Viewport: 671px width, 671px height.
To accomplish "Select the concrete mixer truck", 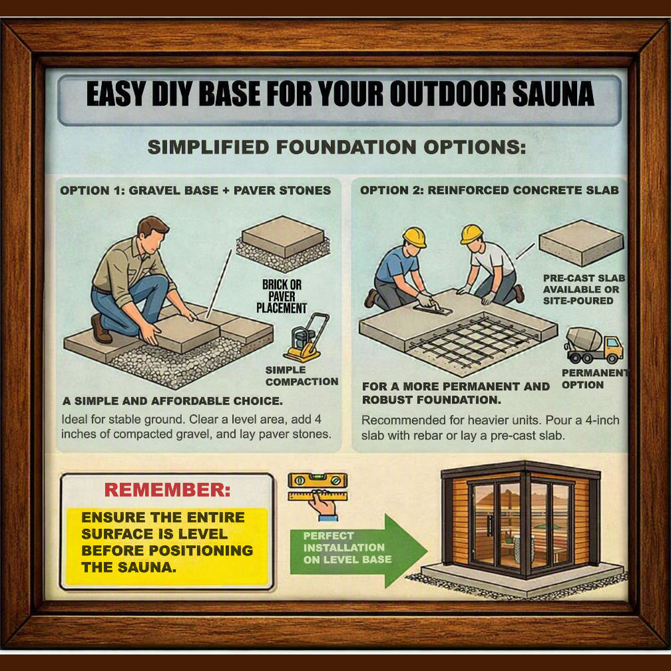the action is pos(594,345).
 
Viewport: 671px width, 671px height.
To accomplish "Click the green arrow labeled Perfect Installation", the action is pos(358,551).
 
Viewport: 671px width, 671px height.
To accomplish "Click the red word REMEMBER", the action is pos(167,490).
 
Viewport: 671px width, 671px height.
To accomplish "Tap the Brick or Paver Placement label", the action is pos(281,296).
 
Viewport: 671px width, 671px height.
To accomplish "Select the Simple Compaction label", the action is pos(301,375).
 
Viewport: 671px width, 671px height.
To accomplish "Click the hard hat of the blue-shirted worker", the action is pos(414,237).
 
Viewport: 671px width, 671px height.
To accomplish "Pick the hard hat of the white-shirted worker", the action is pos(471,233).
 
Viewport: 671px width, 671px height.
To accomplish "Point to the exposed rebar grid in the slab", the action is pos(473,340).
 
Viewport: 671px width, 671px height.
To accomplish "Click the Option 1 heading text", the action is pos(195,190).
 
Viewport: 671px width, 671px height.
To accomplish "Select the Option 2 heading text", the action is pos(489,190).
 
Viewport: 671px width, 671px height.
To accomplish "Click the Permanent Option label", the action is pos(595,379).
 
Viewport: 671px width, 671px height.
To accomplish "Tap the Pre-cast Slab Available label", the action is pos(584,290).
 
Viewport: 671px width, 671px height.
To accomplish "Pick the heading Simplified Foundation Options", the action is pos(336,147).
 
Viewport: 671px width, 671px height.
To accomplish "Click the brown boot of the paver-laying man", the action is pos(101,329).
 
